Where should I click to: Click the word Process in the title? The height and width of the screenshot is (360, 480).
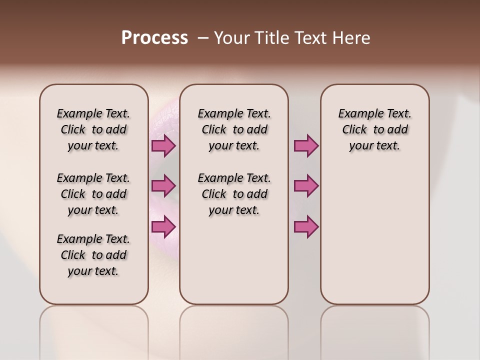tap(154, 38)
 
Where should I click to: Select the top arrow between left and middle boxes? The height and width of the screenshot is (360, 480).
tap(163, 146)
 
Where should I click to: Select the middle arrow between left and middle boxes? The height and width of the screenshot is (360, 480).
tap(163, 186)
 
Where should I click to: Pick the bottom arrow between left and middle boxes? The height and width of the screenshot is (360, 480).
tap(163, 226)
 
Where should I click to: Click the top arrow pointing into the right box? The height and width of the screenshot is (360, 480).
tap(305, 146)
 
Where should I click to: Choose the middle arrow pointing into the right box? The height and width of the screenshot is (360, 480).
tap(305, 186)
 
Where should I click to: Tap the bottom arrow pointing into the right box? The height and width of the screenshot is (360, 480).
tap(305, 226)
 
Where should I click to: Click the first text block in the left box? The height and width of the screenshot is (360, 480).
tap(93, 129)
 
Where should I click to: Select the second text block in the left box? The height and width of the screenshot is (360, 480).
tap(93, 194)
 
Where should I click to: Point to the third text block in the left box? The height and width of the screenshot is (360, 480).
tap(93, 255)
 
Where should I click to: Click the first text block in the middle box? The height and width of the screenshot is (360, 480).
tap(234, 129)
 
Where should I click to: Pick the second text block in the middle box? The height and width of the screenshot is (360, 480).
tap(234, 194)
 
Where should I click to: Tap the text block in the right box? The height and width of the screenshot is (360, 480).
tap(375, 129)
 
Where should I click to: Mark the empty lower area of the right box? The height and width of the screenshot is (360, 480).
tap(375, 235)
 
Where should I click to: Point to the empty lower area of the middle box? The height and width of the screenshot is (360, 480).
tap(234, 260)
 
